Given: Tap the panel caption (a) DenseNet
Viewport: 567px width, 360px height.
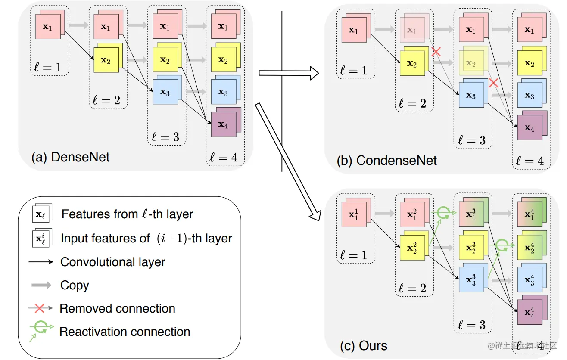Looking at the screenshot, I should click(71, 157).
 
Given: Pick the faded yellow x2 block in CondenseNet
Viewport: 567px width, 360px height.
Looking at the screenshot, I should click(472, 63).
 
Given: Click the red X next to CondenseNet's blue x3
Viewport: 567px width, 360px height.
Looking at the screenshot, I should click(493, 83).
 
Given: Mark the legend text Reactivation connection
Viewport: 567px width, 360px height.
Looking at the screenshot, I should click(125, 332).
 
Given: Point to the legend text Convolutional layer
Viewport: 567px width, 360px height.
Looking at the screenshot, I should click(112, 262).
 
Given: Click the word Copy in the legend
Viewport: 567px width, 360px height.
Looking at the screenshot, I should click(75, 285).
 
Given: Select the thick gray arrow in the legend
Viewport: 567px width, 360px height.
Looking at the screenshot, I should click(41, 285).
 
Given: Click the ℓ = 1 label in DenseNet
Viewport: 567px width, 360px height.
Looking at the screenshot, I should click(49, 67).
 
